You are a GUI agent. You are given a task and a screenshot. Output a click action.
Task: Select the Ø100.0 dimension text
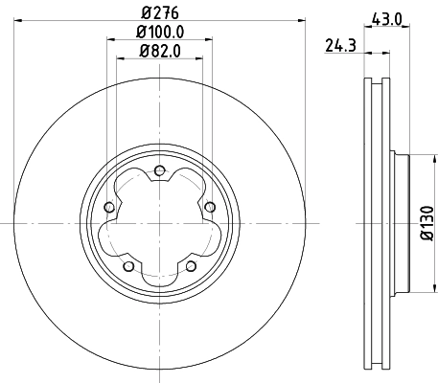[159, 34]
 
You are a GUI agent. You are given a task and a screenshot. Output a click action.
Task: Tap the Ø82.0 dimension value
[159, 52]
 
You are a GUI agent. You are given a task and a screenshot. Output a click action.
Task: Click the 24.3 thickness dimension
[336, 43]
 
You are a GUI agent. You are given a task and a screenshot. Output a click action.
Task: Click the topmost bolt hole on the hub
[159, 170]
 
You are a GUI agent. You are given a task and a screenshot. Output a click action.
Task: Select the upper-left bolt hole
[109, 207]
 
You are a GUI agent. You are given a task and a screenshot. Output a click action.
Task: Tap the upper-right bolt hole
[210, 207]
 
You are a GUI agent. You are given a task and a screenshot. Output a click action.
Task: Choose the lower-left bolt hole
[128, 265]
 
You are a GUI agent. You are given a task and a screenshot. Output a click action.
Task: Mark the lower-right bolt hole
[191, 265]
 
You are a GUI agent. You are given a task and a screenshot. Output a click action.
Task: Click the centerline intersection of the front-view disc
[159, 223]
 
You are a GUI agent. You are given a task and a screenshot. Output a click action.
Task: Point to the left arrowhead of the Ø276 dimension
[18, 18]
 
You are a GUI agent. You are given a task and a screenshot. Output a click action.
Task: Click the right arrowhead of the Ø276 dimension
[301, 18]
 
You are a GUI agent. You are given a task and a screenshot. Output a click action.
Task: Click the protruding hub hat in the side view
[401, 223]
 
